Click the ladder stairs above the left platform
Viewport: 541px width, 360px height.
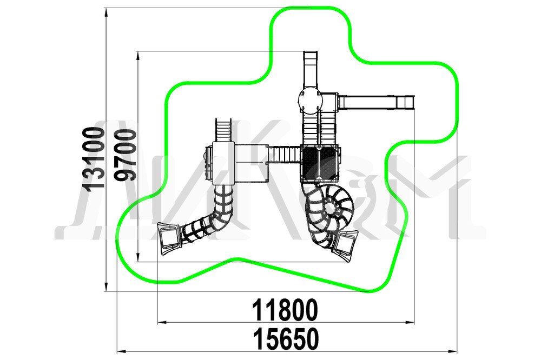click(223, 130)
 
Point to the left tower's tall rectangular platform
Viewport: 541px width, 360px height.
click(223, 163)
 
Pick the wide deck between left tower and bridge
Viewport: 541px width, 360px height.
click(251, 162)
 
